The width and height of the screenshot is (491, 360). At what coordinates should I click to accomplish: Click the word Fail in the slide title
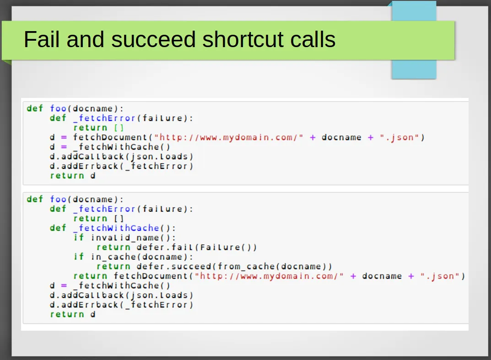[41, 39]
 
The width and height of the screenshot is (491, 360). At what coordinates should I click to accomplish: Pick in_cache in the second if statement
[116, 257]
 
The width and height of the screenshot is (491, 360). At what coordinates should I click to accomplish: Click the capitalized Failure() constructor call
[224, 247]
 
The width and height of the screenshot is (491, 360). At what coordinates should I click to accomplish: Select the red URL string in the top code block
[229, 137]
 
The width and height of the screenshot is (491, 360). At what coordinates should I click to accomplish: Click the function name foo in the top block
[58, 108]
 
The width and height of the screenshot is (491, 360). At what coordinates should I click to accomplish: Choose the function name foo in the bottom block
[58, 199]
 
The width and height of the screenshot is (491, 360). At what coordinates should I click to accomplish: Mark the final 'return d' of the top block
[73, 176]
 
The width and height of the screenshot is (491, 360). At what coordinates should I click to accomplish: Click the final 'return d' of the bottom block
[73, 314]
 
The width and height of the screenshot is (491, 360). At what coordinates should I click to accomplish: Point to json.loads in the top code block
[159, 156]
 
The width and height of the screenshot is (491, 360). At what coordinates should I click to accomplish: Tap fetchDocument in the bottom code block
[151, 276]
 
